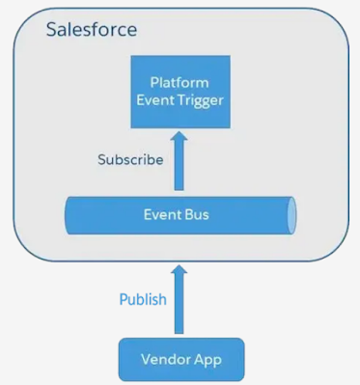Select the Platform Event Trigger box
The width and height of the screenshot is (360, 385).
[x=180, y=92]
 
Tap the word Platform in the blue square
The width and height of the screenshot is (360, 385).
[x=180, y=83]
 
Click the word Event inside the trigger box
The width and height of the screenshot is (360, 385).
[x=159, y=99]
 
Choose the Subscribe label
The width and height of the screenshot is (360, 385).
[x=130, y=159]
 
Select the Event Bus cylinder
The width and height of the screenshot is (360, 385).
[x=180, y=214]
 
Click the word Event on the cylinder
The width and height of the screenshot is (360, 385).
[x=163, y=214]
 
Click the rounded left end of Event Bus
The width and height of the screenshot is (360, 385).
[x=69, y=214]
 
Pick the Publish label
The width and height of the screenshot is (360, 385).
[x=143, y=299]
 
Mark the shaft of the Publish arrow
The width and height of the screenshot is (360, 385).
[x=180, y=309]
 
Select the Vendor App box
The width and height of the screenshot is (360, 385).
[x=180, y=360]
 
